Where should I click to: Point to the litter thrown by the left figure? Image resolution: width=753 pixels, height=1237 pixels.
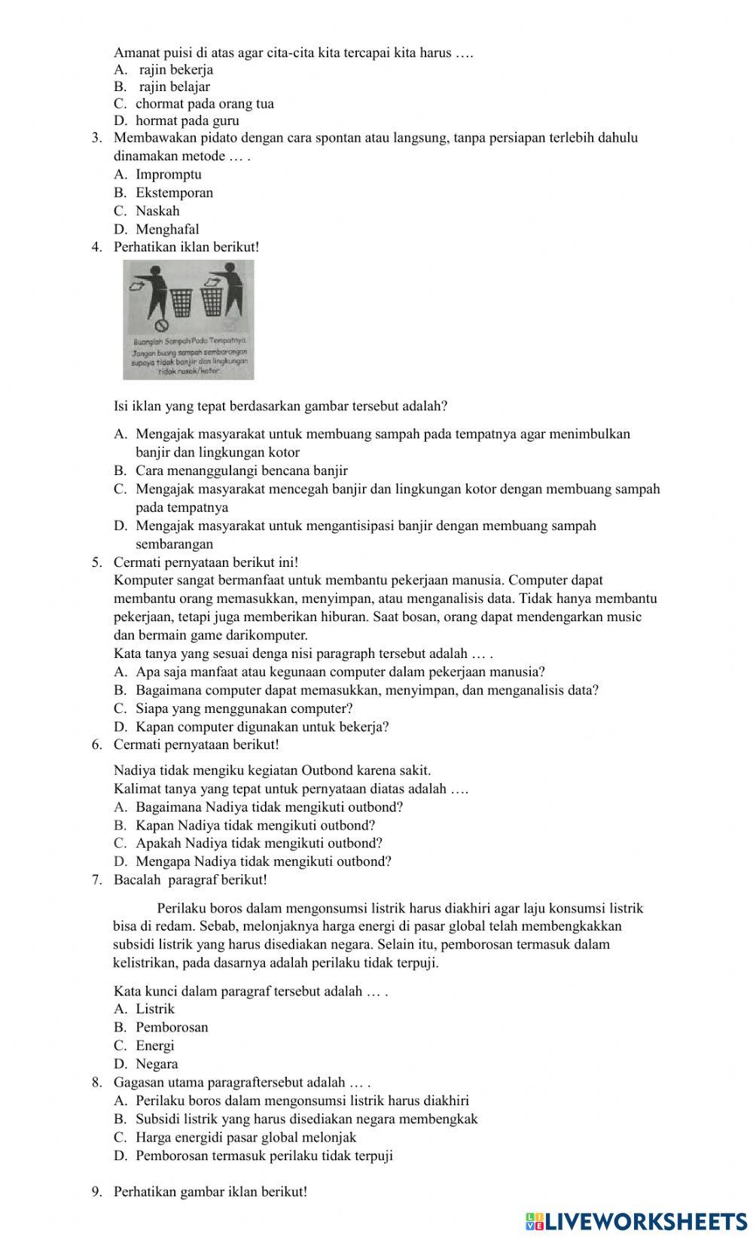136,286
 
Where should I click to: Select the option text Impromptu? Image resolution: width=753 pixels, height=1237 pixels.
169,175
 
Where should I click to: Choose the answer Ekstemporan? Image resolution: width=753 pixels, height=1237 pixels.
174,193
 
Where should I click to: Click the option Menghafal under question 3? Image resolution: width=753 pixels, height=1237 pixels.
167,229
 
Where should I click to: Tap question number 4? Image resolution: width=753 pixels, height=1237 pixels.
96,247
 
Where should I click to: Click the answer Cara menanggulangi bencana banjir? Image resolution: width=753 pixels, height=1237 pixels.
241,471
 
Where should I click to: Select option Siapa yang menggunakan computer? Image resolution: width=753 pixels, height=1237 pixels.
244,708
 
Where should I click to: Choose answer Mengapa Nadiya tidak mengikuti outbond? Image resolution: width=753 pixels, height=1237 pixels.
263,861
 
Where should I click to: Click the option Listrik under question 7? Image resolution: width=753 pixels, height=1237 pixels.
155,1009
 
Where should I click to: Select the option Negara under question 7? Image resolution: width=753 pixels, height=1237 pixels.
157,1064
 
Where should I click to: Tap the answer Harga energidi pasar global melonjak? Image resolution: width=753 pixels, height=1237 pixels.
245,1137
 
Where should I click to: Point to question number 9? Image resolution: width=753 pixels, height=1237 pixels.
96,1192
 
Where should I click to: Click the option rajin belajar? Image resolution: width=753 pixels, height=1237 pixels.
175,87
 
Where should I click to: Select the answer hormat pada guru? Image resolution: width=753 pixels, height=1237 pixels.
187,120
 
